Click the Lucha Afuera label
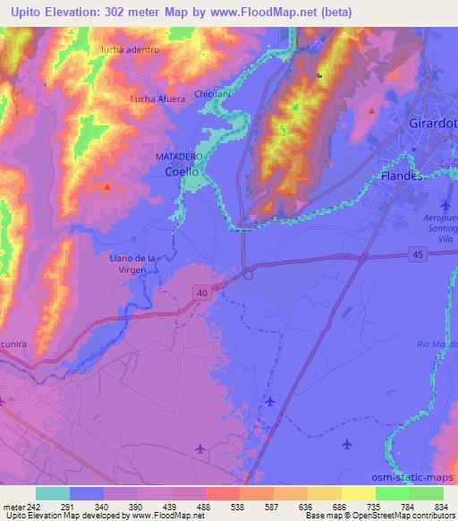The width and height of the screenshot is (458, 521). click(x=157, y=98)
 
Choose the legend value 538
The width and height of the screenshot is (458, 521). click(x=227, y=506)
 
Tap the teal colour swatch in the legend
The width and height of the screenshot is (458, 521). click(x=53, y=493)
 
